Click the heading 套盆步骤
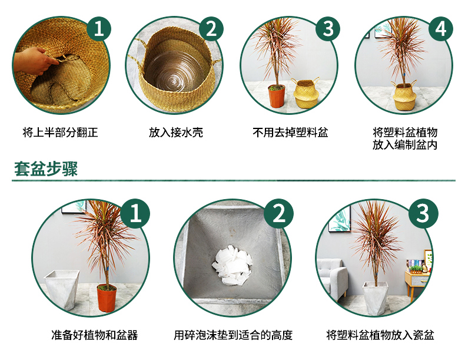click(x=46, y=169)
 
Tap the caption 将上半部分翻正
click(x=60, y=133)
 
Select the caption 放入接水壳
click(x=176, y=133)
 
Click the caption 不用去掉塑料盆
click(x=290, y=133)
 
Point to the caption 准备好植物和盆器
click(x=95, y=335)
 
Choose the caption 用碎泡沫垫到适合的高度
click(x=233, y=335)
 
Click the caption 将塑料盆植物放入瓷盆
click(x=380, y=335)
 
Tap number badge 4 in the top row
click(x=441, y=29)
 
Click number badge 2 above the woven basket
click(x=211, y=29)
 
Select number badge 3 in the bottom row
click(x=423, y=213)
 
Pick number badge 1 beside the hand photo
click(x=98, y=29)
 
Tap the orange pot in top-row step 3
click(x=277, y=96)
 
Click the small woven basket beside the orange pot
click(x=305, y=93)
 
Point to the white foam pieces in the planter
click(x=232, y=265)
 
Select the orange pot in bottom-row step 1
click(x=107, y=298)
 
